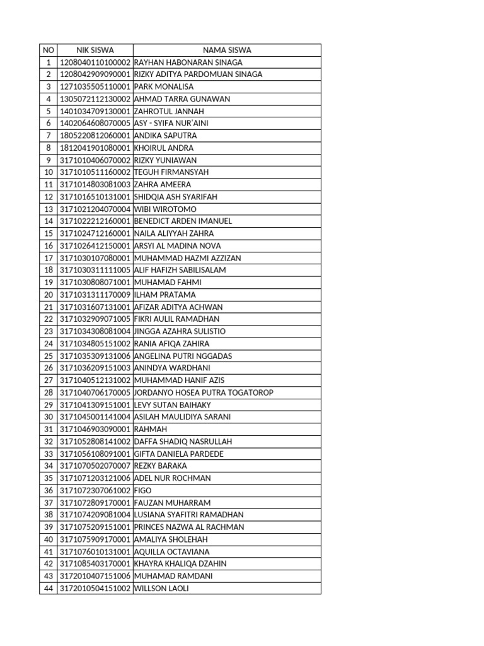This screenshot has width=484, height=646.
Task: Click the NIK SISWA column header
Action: coord(95,50)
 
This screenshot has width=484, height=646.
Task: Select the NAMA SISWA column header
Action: coord(227,50)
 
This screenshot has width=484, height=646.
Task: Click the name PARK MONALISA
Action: coord(164,86)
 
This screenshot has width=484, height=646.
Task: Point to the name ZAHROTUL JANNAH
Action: coord(169,111)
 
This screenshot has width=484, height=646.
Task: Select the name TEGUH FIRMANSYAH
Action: coord(171,172)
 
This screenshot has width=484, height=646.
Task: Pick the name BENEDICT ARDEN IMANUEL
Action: coord(183,221)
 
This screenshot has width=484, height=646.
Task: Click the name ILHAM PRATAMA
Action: coord(165,295)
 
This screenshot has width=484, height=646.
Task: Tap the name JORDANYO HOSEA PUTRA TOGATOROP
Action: coord(204,392)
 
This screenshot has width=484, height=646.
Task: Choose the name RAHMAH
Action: coord(150,429)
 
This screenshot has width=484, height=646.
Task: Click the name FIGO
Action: coord(143,490)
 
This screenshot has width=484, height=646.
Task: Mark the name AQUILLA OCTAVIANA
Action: coord(172,552)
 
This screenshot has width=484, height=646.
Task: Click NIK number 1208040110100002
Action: coord(95,62)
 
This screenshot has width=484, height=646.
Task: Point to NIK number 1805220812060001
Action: coord(95,136)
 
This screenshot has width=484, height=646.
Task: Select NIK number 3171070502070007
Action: coord(95,466)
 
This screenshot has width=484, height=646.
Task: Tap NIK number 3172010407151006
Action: coord(95,576)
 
